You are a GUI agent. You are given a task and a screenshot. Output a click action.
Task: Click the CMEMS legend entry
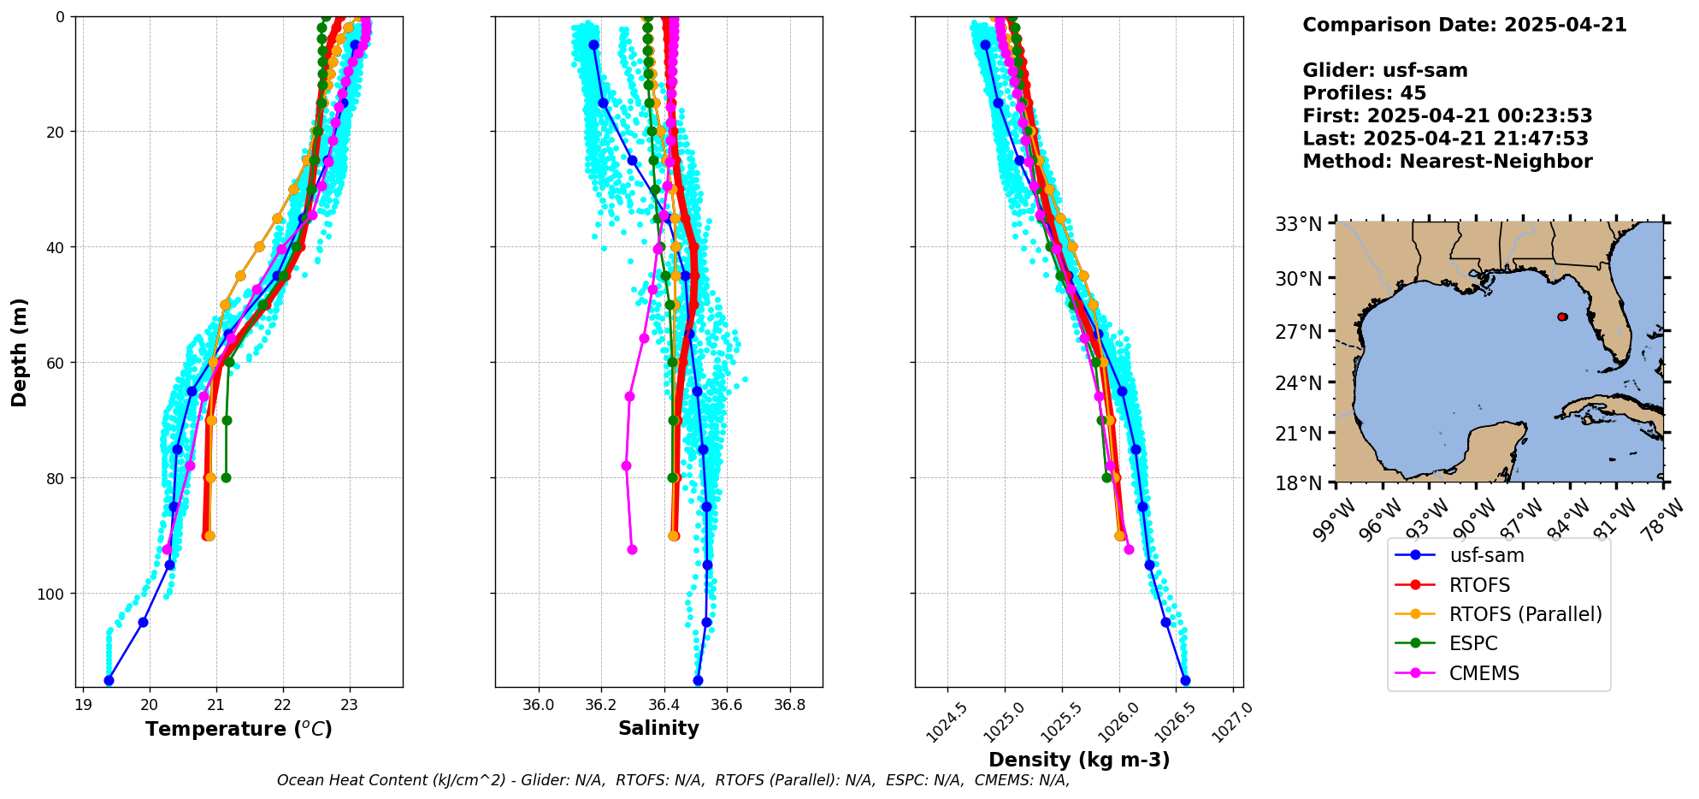1484,673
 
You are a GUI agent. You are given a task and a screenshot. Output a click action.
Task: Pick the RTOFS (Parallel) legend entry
1525,614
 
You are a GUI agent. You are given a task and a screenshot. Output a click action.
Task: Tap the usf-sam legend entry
1486,555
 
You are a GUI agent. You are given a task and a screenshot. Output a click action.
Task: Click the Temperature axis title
239,729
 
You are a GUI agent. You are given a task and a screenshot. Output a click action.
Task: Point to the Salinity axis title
658,728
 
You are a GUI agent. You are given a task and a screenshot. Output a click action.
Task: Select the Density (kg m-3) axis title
1079,760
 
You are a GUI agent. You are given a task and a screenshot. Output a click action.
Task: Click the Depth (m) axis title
20,352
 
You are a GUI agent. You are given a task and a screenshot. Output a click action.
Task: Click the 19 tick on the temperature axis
83,705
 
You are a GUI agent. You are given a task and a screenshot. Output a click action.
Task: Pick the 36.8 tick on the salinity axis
789,705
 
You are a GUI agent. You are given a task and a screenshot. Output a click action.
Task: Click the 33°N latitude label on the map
1299,225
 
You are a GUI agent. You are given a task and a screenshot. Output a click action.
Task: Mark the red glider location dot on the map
1562,317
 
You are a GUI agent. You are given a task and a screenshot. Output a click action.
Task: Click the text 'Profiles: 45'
1364,93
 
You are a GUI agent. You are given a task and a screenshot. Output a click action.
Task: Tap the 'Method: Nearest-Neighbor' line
1447,162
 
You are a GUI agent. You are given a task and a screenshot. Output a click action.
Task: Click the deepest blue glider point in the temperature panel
109,680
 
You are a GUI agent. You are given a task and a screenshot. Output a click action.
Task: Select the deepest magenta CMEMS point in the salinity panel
632,549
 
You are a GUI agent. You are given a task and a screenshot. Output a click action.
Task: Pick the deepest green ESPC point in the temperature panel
226,477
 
